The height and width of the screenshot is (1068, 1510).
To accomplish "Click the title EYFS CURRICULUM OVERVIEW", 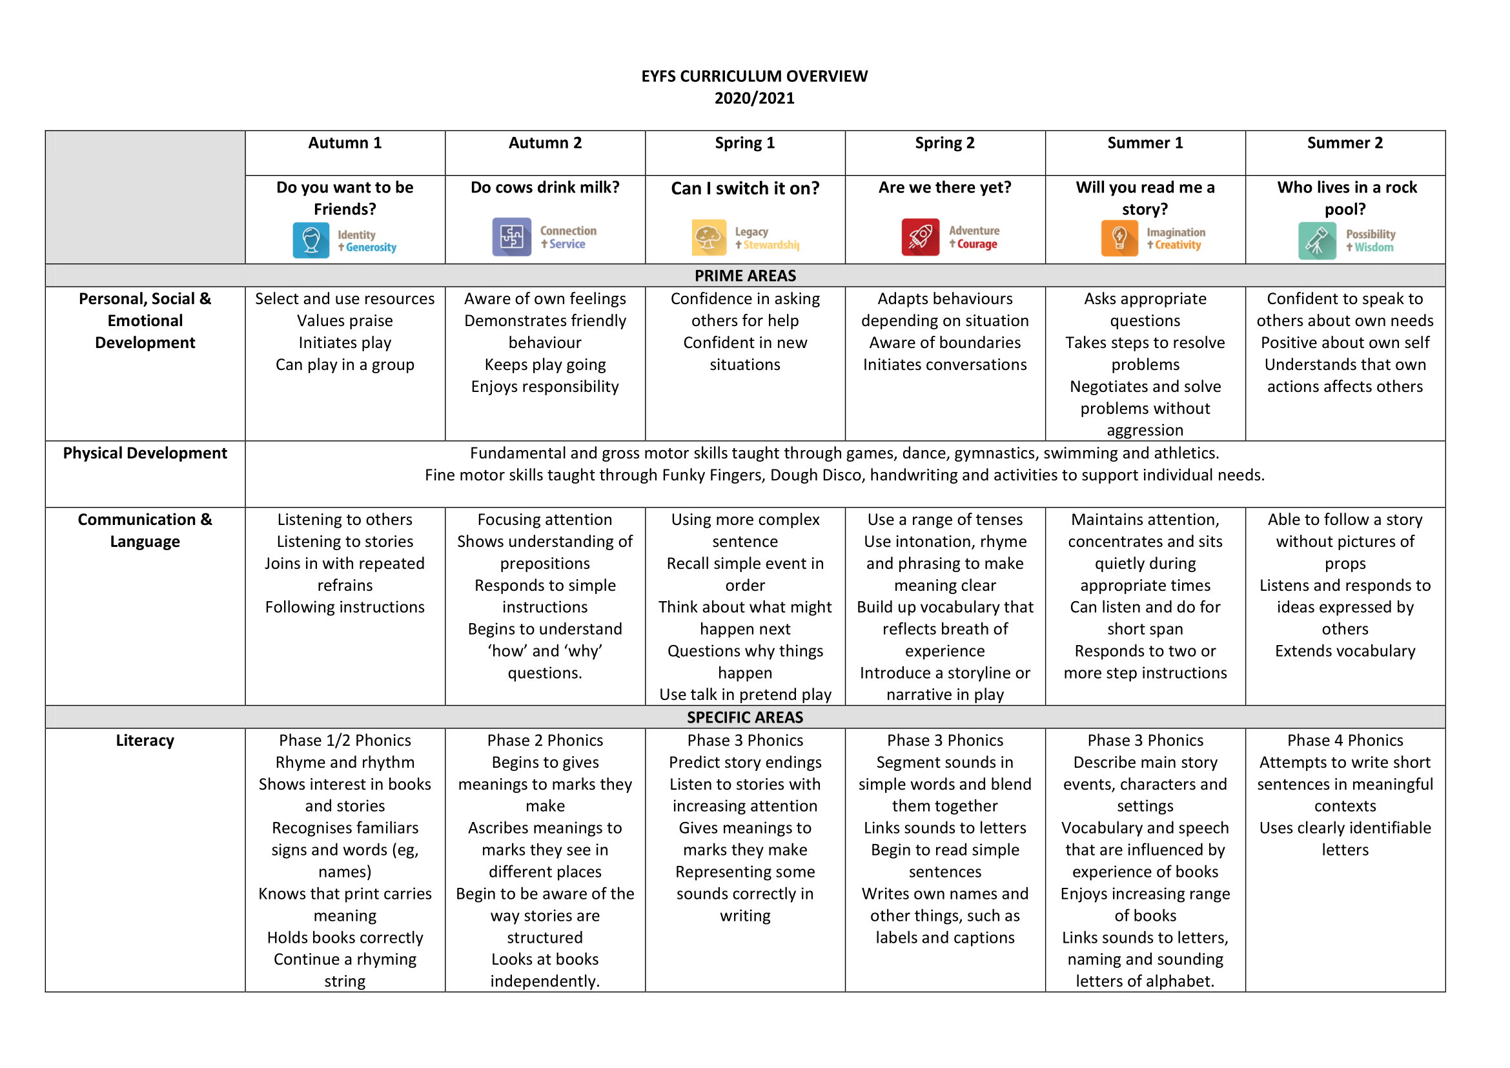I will (754, 76).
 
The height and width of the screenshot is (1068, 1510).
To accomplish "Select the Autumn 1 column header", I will (345, 143).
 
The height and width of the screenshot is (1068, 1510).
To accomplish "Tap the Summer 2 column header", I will (1344, 143).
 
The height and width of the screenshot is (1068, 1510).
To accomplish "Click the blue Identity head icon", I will (311, 240).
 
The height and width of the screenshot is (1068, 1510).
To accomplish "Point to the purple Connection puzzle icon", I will (511, 237).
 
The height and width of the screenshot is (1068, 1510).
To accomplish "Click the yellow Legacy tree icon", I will (708, 238).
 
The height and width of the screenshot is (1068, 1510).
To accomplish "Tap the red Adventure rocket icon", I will (919, 237).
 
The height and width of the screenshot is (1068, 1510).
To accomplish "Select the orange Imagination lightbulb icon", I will (1119, 238).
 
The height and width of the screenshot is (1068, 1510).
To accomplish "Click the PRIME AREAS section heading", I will (744, 276).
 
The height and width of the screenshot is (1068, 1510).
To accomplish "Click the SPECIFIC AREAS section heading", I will (744, 717).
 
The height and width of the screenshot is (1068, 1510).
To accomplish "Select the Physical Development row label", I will (145, 453).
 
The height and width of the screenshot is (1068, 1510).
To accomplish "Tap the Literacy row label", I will (145, 741).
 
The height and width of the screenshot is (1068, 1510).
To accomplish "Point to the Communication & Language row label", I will (145, 530).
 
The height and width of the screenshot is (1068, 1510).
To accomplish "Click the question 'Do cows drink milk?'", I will (545, 187).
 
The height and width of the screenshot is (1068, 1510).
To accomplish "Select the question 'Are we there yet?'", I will (944, 187).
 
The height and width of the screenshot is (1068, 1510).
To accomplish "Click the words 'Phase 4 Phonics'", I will (1344, 741).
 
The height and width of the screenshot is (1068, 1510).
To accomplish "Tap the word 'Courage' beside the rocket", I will (977, 244).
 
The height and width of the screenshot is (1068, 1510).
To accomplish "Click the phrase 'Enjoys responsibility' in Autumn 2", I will (545, 387).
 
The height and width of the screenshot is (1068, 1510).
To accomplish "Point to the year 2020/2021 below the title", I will (754, 99).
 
